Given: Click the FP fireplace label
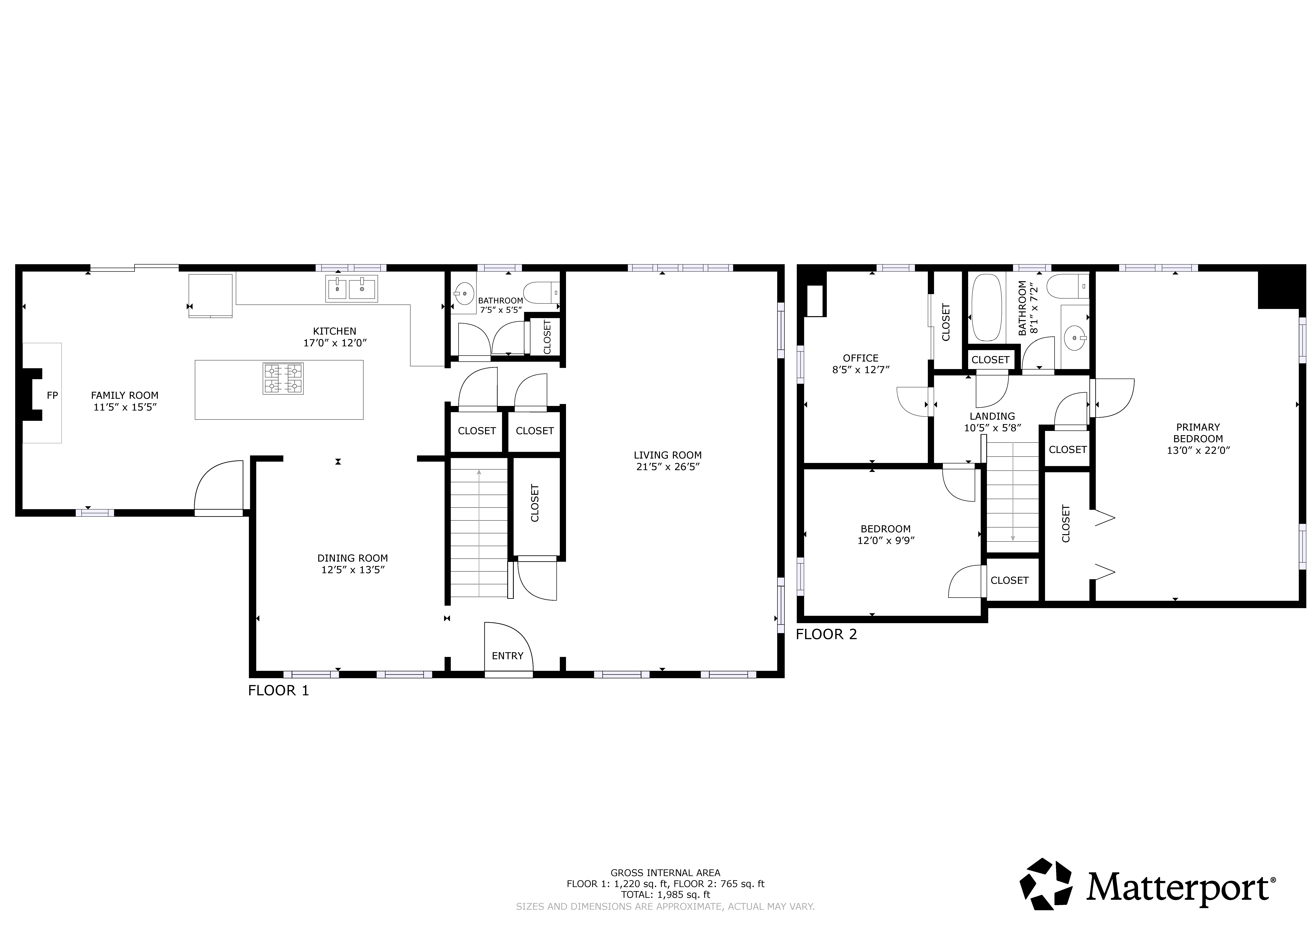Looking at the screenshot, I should coord(52,395).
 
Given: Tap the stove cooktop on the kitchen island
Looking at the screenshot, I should coord(283,379).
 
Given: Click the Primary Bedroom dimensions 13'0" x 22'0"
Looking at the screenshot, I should coord(1198,450).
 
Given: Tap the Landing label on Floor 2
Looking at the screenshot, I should coord(992,416).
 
